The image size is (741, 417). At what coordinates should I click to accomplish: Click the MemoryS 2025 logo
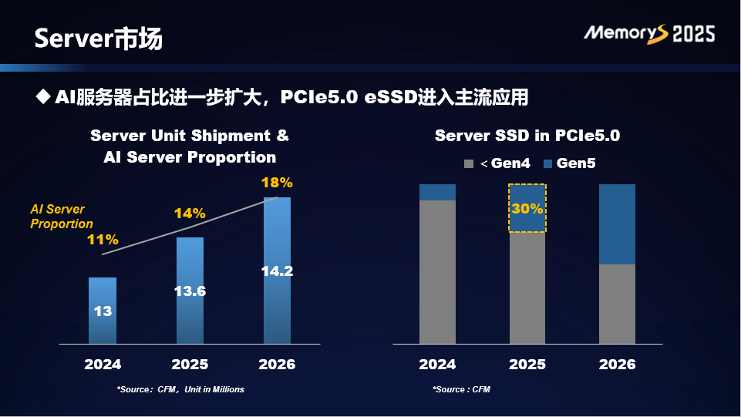[648, 33]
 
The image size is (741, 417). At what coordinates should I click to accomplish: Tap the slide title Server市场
[98, 39]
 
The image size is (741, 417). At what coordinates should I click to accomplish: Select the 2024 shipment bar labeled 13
[103, 310]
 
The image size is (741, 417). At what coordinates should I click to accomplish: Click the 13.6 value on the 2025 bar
[190, 291]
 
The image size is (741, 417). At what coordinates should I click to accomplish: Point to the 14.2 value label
[277, 271]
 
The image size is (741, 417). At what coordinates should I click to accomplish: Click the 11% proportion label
[103, 240]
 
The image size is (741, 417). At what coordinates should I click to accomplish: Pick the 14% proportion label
[190, 214]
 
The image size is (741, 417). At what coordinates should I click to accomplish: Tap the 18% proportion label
[277, 183]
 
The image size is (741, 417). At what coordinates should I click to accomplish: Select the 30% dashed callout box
[527, 208]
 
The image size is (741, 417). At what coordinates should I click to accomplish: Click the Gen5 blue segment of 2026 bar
[617, 224]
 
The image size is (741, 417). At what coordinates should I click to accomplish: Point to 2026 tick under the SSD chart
[617, 364]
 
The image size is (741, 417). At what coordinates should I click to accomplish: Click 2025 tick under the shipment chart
[190, 364]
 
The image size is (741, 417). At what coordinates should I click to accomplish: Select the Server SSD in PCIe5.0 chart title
[527, 136]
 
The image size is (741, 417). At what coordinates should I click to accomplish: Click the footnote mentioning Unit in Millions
[180, 389]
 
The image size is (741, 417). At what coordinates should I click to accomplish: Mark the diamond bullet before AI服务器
[43, 97]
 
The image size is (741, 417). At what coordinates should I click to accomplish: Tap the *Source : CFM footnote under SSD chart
[461, 389]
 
